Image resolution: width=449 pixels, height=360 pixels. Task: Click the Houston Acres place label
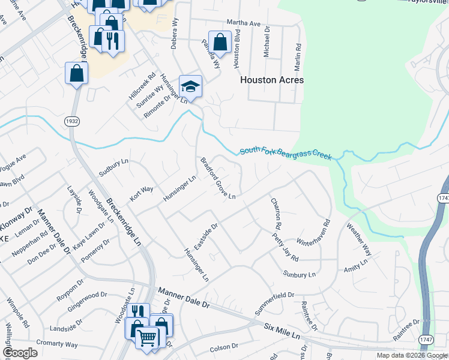[x=272, y=80]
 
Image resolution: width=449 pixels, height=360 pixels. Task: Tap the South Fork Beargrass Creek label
[x=286, y=154]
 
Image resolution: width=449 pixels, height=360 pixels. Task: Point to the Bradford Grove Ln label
[x=217, y=178]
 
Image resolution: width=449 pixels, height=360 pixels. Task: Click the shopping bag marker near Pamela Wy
[x=220, y=42]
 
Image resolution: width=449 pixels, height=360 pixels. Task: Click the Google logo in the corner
[x=20, y=353]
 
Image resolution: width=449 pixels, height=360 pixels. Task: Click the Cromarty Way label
[x=57, y=344]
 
